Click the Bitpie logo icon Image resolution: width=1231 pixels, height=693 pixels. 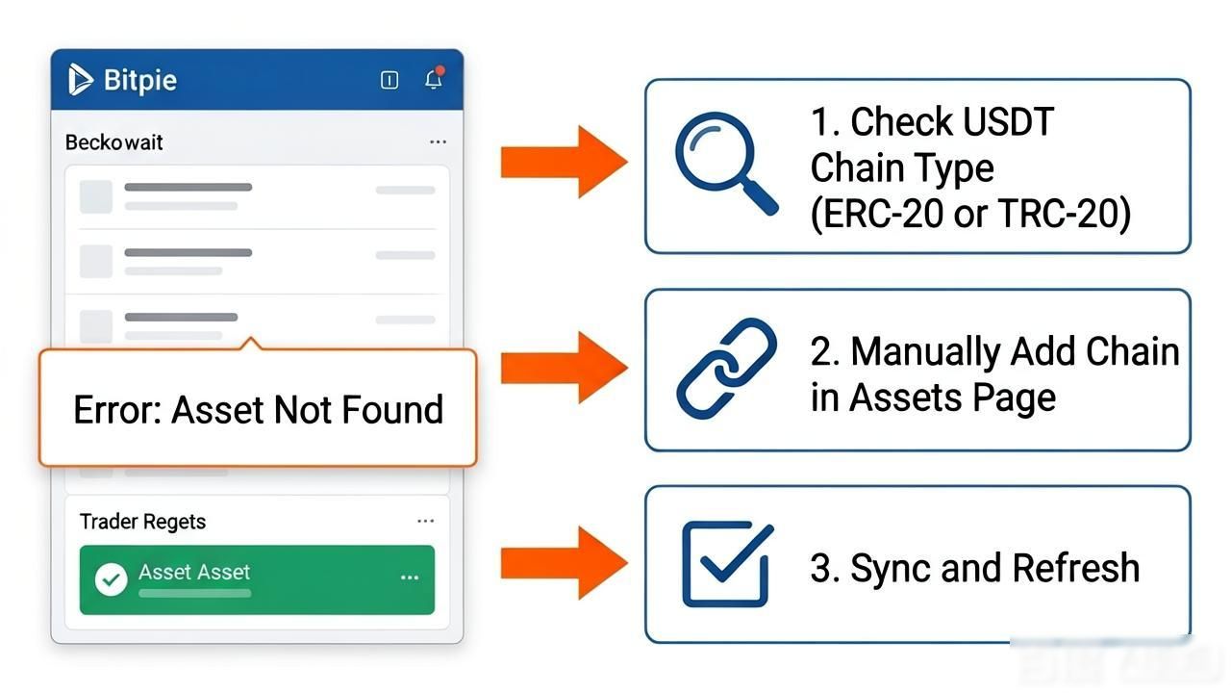pyautogui.click(x=80, y=80)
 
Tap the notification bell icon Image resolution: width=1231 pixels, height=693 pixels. pyautogui.click(x=434, y=79)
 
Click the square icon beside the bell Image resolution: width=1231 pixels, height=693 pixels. pyautogui.click(x=389, y=80)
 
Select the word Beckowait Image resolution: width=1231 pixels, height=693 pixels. pyautogui.click(x=113, y=142)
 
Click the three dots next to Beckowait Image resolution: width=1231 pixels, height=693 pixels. pyautogui.click(x=438, y=141)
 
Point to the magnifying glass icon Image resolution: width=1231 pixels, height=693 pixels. pyautogui.click(x=726, y=164)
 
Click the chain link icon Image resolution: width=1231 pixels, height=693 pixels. pyautogui.click(x=726, y=369)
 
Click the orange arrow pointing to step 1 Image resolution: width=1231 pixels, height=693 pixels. pyautogui.click(x=564, y=162)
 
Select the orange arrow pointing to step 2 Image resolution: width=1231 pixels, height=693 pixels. pyautogui.click(x=564, y=368)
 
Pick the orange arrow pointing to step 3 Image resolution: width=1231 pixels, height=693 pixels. pyautogui.click(x=564, y=563)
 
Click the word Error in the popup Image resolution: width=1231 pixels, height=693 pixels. pyautogui.click(x=117, y=410)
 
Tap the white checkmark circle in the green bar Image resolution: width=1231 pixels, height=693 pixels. pyautogui.click(x=111, y=579)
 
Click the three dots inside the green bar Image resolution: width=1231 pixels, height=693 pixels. pyautogui.click(x=410, y=577)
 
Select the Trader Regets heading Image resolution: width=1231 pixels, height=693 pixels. pyautogui.click(x=143, y=522)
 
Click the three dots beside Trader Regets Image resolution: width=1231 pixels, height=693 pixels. pyautogui.click(x=425, y=521)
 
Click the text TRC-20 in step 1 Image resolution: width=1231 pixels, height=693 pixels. pyautogui.click(x=1059, y=214)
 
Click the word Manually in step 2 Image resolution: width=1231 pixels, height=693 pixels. pyautogui.click(x=925, y=353)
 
